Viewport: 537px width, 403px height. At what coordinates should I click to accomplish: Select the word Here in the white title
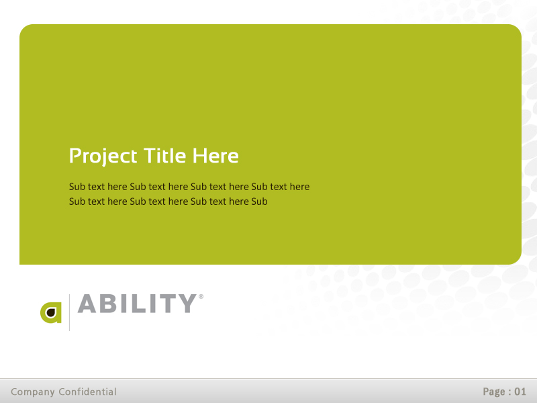215,156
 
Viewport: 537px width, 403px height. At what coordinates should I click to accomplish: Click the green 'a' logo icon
51,312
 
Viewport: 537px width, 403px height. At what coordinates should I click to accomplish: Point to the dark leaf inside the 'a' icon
50,313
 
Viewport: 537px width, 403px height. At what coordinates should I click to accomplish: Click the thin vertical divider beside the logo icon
69,312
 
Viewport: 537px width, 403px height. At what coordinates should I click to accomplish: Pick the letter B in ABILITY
110,304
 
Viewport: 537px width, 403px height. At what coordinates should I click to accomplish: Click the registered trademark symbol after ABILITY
201,296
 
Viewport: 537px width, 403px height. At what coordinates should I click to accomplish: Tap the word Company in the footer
32,392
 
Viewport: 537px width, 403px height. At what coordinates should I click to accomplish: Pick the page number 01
520,392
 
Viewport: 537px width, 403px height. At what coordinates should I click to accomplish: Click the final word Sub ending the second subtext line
259,201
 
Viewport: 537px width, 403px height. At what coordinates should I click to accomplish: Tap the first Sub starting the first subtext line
77,187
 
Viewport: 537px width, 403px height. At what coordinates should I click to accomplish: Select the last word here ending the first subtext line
299,187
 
